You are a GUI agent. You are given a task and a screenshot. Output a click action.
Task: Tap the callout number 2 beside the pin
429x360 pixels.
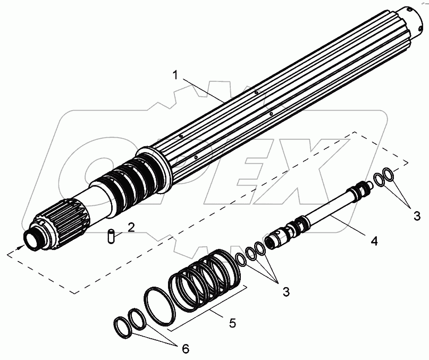[x=130, y=227]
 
